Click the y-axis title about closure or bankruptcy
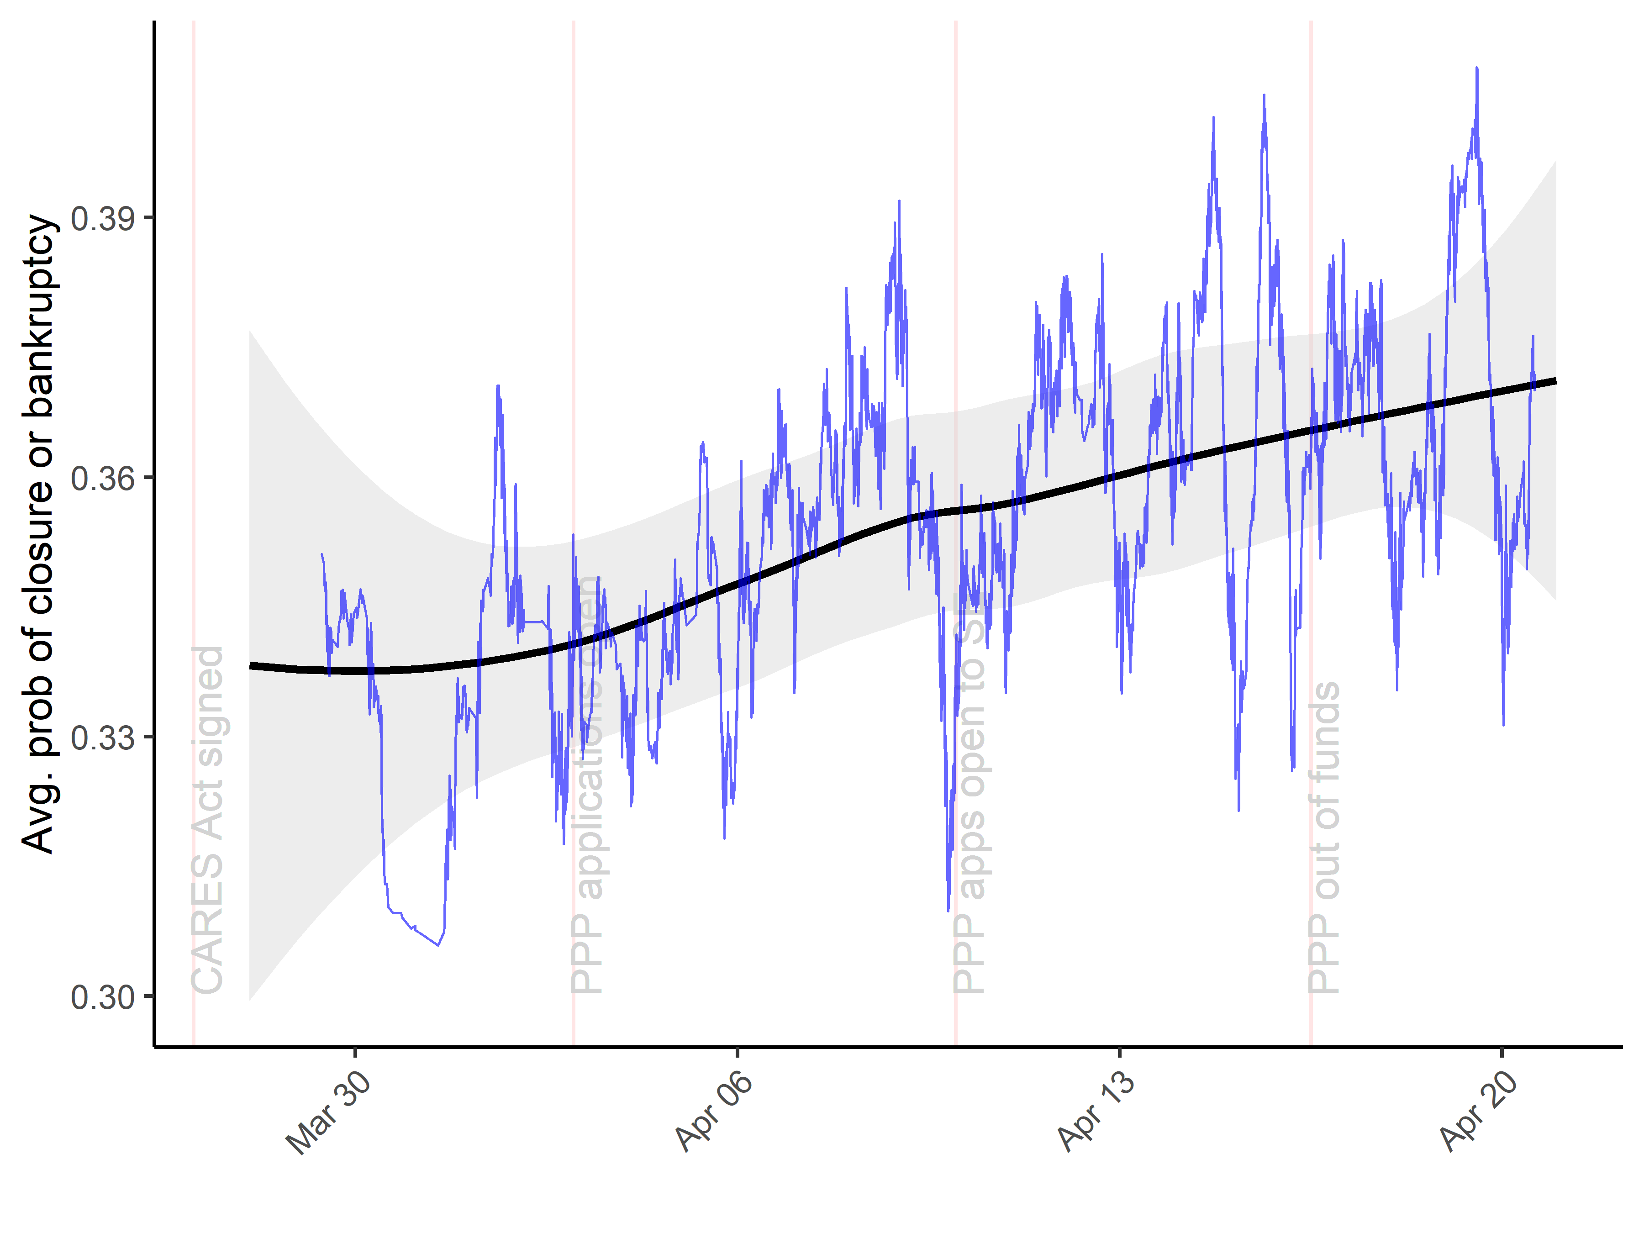(39, 534)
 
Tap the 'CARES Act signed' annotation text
(208, 820)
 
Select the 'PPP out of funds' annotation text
(1324, 838)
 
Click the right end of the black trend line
(1555, 381)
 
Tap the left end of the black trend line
(250, 665)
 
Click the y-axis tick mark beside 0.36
(148, 478)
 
